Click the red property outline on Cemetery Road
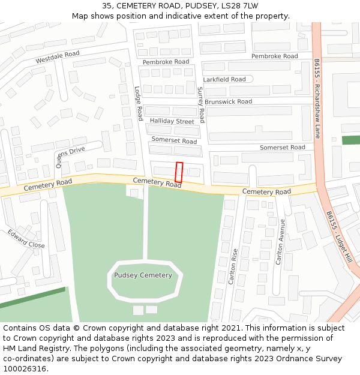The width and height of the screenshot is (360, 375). point(178,172)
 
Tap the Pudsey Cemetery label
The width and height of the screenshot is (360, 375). point(143,275)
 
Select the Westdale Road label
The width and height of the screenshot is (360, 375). point(58,58)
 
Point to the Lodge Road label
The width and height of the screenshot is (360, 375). point(138,103)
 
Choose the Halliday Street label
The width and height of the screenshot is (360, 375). point(172,121)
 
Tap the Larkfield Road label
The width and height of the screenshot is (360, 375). point(224,79)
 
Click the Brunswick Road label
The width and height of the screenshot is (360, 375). point(228,101)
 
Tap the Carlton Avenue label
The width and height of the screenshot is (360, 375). point(280,242)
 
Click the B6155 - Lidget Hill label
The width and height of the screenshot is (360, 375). point(339,238)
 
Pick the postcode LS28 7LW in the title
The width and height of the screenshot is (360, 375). point(237,5)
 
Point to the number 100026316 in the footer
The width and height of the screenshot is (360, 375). point(24,368)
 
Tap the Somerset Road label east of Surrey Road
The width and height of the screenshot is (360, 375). point(282,147)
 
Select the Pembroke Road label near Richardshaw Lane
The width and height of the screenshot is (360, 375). point(274,56)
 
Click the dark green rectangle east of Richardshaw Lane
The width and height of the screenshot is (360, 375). point(351,140)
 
